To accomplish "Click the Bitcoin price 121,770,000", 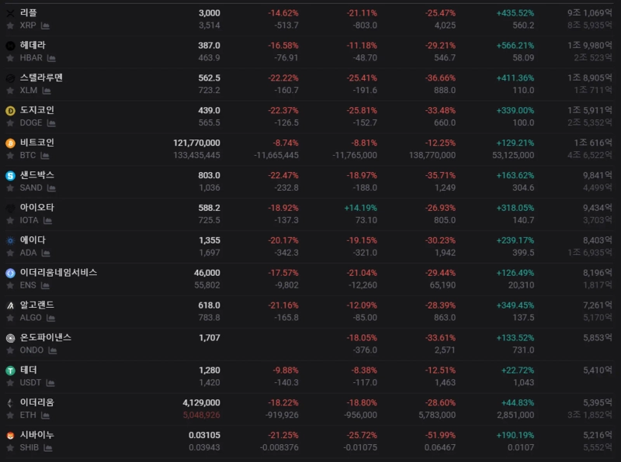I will [x=196, y=143].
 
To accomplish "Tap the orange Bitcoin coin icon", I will [x=10, y=143].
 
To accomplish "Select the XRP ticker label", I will [x=28, y=26].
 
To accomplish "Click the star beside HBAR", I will [x=10, y=58].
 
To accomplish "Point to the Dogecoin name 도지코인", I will [x=37, y=111].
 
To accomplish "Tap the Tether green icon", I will [x=10, y=371].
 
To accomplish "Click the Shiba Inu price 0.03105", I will [x=204, y=436].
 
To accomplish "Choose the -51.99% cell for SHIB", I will [x=440, y=436].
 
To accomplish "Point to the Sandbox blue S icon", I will [x=10, y=176].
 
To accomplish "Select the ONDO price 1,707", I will [x=210, y=338].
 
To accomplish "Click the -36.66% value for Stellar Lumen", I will [x=440, y=78].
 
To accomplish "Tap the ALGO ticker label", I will [x=31, y=319].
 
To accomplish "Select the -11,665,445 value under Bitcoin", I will [x=276, y=156].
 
